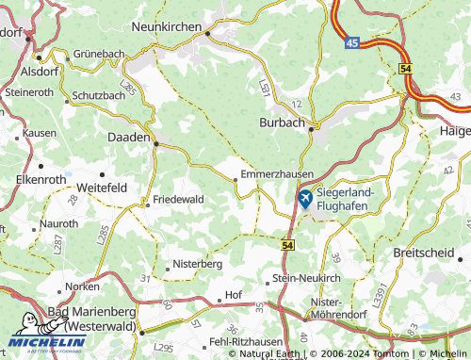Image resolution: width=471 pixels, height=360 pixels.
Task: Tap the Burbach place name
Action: (x=280, y=123)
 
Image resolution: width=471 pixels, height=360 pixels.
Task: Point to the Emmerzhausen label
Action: (x=277, y=174)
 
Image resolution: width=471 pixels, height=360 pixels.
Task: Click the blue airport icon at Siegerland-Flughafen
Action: (x=305, y=199)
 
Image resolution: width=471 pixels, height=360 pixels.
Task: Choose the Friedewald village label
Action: (x=179, y=200)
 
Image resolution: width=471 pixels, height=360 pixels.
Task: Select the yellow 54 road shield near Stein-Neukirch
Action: (x=286, y=244)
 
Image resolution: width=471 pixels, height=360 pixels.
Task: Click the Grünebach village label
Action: (x=99, y=55)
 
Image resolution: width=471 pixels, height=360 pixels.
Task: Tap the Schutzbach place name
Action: (x=99, y=96)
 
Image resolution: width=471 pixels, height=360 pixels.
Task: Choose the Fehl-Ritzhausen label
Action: (x=244, y=340)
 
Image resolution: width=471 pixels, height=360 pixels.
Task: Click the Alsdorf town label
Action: (x=39, y=71)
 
